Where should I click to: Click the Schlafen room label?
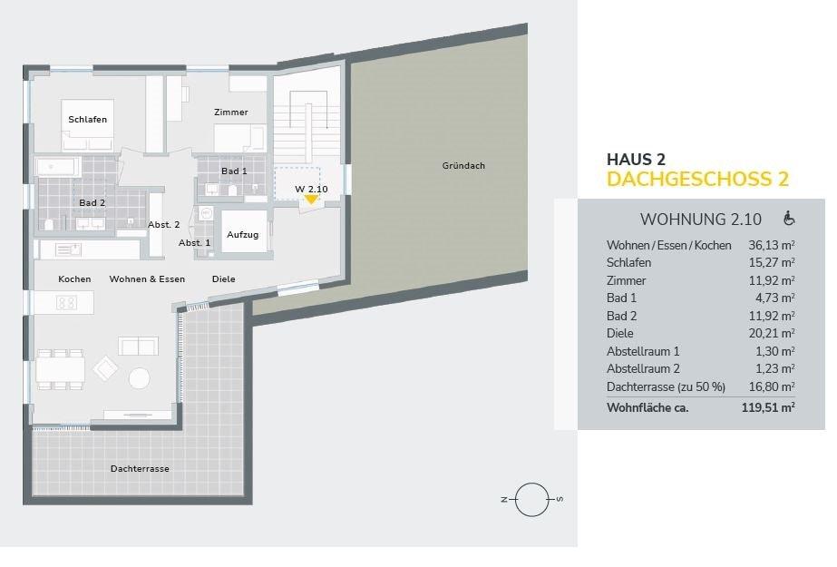(88, 120)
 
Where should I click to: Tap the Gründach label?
(463, 165)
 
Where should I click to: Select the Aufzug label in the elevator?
(242, 234)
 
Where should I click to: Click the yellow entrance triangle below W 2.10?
(311, 200)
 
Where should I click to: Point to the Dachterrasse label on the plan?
(140, 469)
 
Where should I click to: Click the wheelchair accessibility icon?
(788, 219)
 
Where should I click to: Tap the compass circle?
(532, 500)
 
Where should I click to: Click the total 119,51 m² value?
(768, 408)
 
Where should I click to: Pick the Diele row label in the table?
(619, 333)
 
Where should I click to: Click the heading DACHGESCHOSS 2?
(697, 180)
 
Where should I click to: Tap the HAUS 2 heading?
(636, 159)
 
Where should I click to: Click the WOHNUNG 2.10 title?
(701, 220)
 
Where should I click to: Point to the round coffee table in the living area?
(140, 378)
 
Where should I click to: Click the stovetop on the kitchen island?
(66, 303)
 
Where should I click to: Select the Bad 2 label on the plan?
(92, 203)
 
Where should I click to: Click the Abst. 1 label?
(194, 243)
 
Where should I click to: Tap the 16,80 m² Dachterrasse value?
(772, 386)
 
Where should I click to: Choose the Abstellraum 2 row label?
(643, 368)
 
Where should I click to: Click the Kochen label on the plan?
(74, 279)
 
